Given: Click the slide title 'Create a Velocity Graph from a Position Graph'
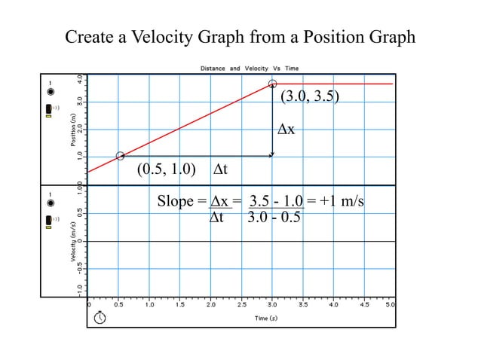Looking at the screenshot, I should [240, 37].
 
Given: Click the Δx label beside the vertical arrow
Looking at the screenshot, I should [286, 130].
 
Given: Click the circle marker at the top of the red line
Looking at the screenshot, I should [272, 84].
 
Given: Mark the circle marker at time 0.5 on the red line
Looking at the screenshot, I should [120, 156].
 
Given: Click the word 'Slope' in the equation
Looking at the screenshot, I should [175, 202].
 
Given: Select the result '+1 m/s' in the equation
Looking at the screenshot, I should [341, 202].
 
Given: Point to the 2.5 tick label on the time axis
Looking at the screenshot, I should [241, 306].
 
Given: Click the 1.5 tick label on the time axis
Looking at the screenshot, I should [180, 306].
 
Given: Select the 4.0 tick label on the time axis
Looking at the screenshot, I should [332, 306].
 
